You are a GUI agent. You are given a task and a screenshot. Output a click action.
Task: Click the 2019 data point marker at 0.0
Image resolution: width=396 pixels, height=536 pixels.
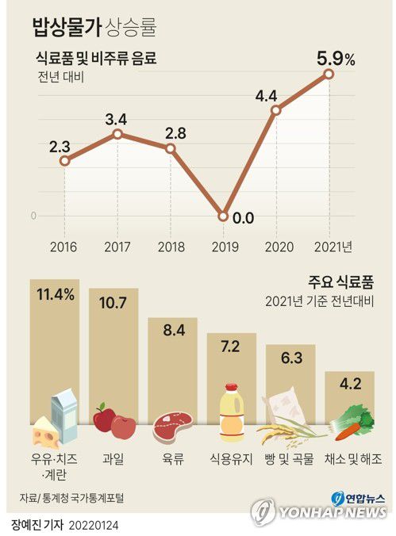click(223, 216)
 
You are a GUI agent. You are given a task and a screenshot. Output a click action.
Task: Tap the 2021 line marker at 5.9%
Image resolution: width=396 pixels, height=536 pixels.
click(329, 74)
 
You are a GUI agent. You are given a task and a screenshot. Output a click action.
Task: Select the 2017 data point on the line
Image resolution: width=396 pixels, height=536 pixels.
click(117, 134)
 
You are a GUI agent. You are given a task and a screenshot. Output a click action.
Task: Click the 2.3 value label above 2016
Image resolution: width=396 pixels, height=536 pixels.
click(60, 146)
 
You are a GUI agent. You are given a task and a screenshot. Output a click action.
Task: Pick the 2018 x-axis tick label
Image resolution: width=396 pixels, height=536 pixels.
click(170, 247)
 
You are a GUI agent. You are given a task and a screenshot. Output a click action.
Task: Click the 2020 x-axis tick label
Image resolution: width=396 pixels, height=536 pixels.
click(276, 247)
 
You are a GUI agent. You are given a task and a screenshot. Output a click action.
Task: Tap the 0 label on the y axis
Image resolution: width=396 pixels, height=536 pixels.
click(33, 216)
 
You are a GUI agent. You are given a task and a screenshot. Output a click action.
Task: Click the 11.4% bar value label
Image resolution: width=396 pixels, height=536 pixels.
click(56, 295)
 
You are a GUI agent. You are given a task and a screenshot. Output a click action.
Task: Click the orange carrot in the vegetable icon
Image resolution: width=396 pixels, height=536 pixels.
click(348, 431)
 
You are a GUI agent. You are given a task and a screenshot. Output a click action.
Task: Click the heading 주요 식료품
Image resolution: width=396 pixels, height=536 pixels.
click(342, 281)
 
